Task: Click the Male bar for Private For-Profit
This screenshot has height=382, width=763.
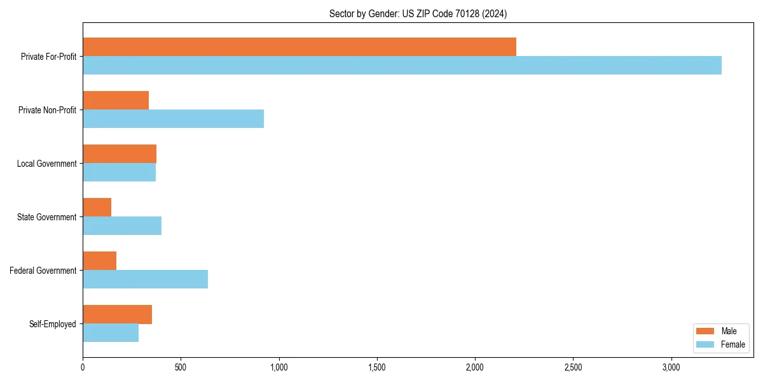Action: (299, 47)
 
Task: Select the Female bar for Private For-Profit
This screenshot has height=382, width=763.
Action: (402, 65)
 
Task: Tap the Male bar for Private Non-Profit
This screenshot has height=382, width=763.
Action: (116, 101)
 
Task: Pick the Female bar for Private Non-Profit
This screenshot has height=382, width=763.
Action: (173, 118)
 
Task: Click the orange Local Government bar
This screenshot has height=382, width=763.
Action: (120, 154)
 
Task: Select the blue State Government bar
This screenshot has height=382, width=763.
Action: (122, 225)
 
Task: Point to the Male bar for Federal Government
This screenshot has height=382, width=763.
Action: (99, 261)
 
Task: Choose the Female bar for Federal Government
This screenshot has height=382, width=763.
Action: (145, 279)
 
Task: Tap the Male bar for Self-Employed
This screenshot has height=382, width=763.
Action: (117, 315)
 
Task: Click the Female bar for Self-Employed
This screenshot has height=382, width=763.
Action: (111, 332)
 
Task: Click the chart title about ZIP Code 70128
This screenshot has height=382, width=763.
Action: (418, 13)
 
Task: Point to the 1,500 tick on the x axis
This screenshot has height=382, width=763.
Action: (377, 367)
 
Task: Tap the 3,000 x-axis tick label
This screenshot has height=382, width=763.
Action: (671, 367)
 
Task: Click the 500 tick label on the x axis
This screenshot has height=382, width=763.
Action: (181, 367)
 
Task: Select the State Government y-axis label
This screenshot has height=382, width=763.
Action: (46, 217)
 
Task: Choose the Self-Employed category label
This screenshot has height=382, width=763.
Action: (52, 324)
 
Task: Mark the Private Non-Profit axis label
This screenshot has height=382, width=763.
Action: (47, 110)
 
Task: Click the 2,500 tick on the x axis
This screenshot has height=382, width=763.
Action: (574, 367)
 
